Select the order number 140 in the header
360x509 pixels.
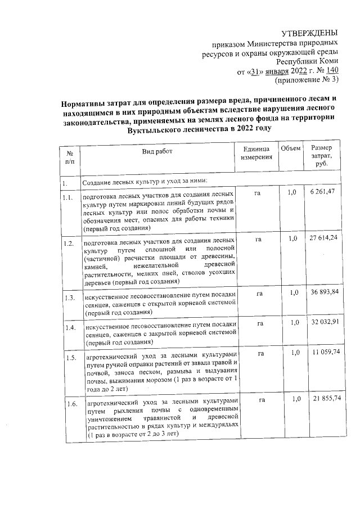pos(331,71)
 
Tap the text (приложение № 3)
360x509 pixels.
pos(305,80)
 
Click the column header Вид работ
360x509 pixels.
pos(157,151)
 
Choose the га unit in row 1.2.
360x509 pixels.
pos(258,239)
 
